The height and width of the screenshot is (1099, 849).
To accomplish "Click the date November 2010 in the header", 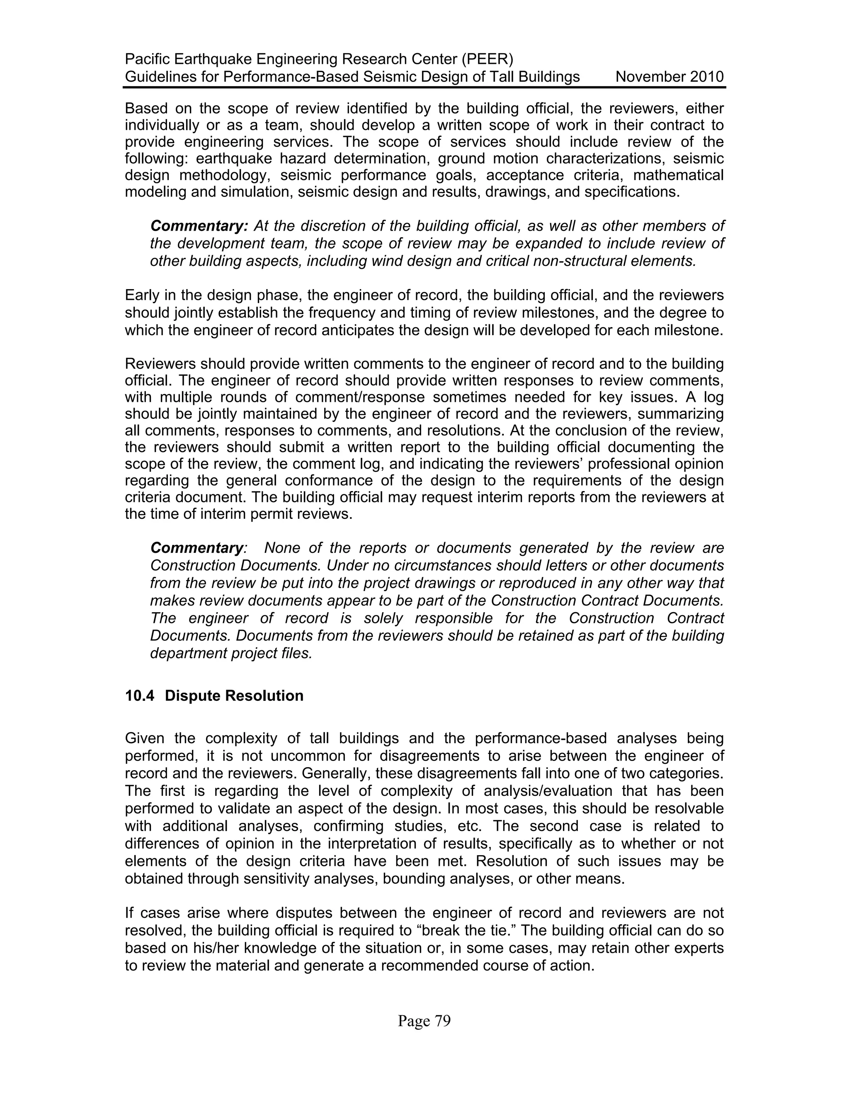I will click(x=669, y=77).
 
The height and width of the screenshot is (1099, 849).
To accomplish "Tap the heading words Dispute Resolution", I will click(x=234, y=696).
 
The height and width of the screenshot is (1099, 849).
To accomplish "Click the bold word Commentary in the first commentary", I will click(x=199, y=226).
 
